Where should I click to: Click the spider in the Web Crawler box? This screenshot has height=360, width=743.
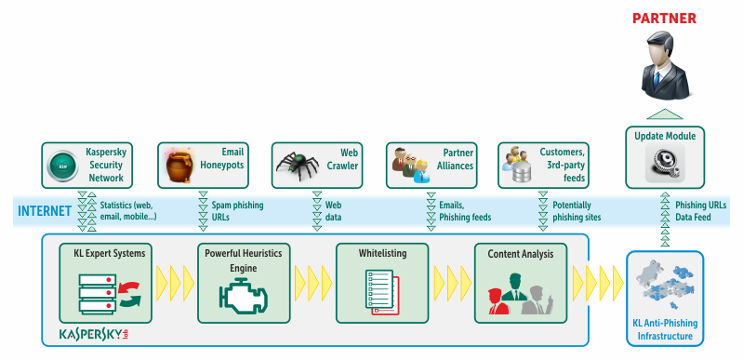point(299,167)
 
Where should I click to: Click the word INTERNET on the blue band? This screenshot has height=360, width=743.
point(45,211)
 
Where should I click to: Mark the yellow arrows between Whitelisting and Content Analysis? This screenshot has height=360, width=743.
point(449,278)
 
